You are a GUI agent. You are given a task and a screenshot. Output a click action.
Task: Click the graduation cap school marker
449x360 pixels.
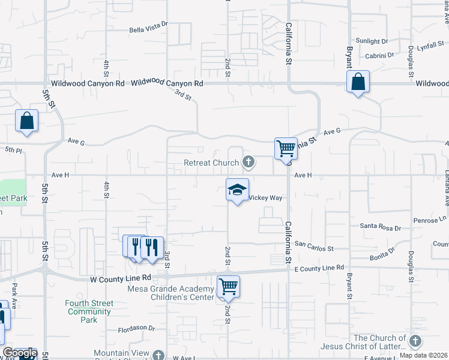click(237, 190)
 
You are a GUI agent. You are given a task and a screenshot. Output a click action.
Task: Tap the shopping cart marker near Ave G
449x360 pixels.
click(286, 148)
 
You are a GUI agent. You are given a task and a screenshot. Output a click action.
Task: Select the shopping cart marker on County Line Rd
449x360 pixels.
click(228, 286)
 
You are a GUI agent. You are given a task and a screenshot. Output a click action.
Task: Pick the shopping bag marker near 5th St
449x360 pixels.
click(27, 121)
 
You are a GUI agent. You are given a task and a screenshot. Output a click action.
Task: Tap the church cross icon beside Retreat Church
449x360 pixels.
click(248, 162)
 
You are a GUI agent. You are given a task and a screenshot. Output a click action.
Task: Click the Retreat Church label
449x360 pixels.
click(212, 163)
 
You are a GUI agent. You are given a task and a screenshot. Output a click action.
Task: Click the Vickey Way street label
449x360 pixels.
click(265, 197)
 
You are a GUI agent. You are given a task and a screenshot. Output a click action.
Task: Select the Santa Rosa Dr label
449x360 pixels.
click(380, 227)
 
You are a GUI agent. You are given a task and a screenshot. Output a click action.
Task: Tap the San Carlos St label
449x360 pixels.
click(313, 247)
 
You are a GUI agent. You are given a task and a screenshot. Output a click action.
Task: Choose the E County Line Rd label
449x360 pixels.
click(319, 268)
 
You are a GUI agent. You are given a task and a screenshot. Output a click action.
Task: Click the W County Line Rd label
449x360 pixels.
click(120, 278)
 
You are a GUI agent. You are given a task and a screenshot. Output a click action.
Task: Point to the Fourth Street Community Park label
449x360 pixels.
click(89, 311)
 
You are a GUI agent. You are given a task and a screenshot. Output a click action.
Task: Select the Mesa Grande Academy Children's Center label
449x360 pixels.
click(171, 292)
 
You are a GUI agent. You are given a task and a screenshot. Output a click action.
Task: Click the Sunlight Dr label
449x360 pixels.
click(372, 41)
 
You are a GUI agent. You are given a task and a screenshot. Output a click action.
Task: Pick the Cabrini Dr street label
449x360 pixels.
click(379, 55)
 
